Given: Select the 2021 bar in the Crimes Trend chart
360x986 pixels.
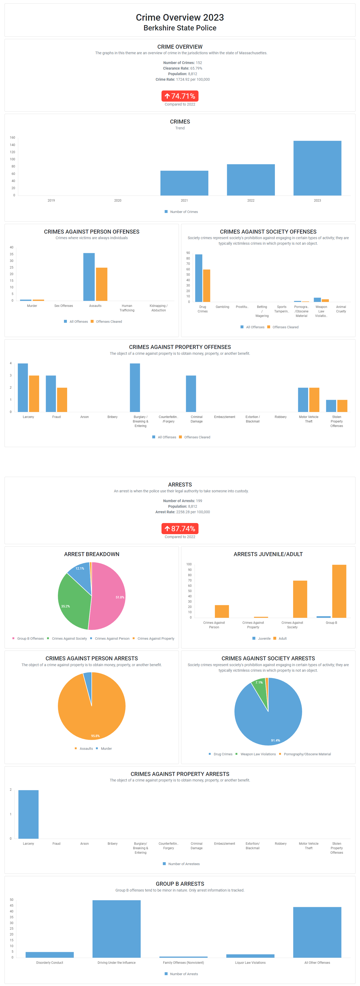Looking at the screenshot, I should click(184, 183).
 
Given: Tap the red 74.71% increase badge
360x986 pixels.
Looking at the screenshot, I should click(180, 96).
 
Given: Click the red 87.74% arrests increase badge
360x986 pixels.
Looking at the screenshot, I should click(180, 529).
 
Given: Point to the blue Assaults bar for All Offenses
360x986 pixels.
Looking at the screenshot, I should click(89, 277).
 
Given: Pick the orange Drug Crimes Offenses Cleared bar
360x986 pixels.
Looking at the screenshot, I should click(207, 285).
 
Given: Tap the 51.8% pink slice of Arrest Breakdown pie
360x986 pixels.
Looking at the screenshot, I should click(109, 595).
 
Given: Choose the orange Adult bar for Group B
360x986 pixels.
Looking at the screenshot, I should click(339, 591).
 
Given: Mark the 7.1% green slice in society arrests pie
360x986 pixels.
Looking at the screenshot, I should click(259, 689).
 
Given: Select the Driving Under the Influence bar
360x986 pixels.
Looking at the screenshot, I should click(116, 929).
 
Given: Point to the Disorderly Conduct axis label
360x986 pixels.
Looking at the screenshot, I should click(50, 963).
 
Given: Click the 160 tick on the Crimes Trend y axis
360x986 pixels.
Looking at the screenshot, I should click(13, 137).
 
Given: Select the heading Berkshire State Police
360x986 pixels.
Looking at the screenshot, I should click(180, 28).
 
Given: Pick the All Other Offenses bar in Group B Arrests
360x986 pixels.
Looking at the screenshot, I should click(317, 932).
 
